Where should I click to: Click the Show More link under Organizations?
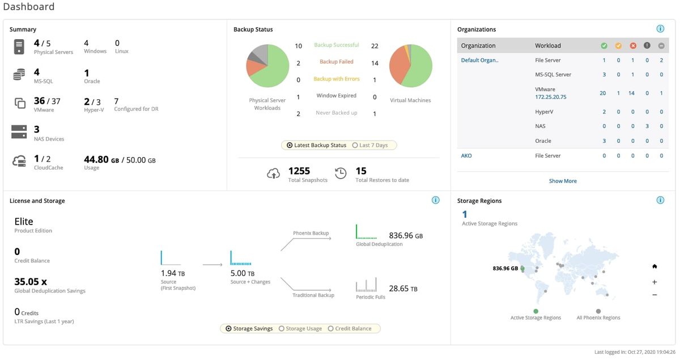coord(563,181)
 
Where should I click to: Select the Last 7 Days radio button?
coord(355,145)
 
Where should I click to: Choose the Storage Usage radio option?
coord(282,328)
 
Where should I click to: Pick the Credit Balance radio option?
coord(331,328)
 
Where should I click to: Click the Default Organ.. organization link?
coord(479,60)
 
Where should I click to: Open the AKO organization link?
coord(466,155)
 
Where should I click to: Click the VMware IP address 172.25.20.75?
coord(550,97)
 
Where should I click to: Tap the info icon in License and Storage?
coord(435,200)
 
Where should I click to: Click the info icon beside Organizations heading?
coord(660,29)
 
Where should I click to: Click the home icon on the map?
coord(654,266)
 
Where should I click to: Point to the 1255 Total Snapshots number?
coord(299,171)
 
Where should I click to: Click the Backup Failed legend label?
coord(336,62)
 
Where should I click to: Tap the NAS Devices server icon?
coord(19,132)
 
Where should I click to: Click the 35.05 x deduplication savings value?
coord(31,281)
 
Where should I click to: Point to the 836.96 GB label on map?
coord(505,268)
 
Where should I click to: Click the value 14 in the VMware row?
coord(631,93)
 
